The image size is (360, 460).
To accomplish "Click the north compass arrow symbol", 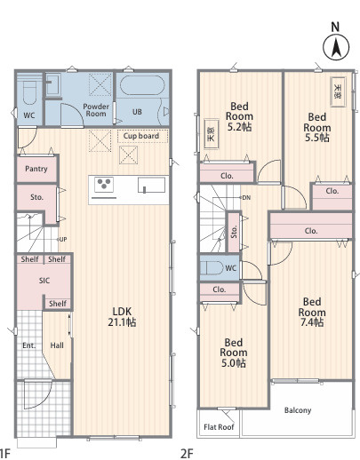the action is (336, 48).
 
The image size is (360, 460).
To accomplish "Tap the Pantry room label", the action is (36, 169).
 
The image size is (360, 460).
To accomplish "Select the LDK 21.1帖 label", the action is (122, 316).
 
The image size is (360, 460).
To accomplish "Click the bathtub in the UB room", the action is (142, 85).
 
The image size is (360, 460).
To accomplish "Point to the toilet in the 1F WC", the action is (29, 91).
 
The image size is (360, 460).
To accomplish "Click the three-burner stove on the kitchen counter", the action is (104, 183).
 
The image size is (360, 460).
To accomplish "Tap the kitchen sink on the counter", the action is (151, 185).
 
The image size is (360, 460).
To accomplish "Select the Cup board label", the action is (141, 136).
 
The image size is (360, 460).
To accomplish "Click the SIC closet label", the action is (44, 281).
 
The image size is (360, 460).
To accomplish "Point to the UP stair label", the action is (63, 239).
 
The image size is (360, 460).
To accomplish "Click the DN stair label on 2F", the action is (246, 197).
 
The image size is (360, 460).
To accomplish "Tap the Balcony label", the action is (298, 410).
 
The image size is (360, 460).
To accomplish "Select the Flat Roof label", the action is (219, 427).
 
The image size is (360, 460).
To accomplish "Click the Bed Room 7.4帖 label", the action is (312, 312).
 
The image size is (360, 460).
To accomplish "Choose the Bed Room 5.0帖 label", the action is (234, 353).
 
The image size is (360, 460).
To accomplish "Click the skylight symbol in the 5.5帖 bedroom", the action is (338, 91).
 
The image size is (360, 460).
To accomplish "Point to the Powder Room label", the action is (96, 110).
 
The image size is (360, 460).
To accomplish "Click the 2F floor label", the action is (187, 453).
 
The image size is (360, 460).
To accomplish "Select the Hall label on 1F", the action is (57, 345).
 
